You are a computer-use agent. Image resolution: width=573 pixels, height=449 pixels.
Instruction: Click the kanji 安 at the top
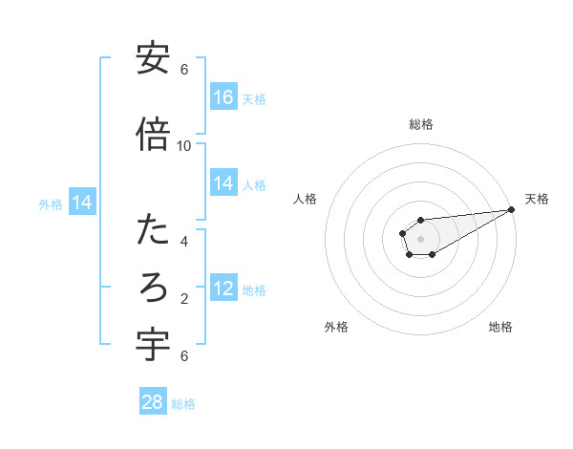153,60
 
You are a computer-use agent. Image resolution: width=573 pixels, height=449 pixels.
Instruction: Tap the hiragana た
153,230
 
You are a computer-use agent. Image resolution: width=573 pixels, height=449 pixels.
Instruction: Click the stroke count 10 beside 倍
184,145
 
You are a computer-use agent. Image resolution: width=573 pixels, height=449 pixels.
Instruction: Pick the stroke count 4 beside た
184,241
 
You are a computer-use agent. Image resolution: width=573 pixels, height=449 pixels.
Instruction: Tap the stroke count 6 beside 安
184,70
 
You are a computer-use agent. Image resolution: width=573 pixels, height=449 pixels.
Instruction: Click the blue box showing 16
223,97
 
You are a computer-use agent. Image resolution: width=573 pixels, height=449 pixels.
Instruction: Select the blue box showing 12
223,289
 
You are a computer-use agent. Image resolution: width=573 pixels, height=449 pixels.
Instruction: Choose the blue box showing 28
153,402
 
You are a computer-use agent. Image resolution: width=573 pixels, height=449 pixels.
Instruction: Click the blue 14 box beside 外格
82,203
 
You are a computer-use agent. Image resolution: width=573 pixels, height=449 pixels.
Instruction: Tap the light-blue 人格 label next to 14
254,184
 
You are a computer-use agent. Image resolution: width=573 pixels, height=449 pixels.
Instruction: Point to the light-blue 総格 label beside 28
183,403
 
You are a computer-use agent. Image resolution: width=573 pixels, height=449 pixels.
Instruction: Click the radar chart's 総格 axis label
420,124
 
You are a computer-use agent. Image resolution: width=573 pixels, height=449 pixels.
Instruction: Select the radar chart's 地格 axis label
500,327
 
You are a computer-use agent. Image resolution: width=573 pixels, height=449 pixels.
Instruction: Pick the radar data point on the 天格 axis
513,209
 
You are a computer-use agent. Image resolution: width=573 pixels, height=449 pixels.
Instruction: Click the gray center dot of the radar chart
420,239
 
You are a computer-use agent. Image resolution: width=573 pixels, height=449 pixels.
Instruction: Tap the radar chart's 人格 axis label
306,199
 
